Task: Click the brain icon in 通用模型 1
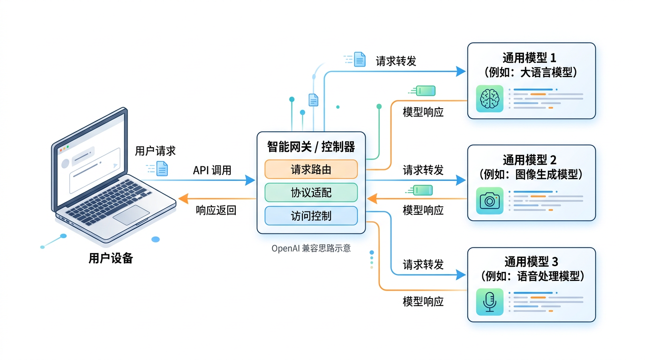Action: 489,98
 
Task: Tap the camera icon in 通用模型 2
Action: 489,201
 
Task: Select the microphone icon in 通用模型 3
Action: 489,301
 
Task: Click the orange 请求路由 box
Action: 311,169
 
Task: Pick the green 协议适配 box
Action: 311,192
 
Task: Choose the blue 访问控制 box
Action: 311,216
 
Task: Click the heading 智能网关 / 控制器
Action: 311,147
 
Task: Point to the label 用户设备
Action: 111,258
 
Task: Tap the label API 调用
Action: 212,170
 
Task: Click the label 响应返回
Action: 216,210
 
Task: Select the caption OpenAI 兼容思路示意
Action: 311,248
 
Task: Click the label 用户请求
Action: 155,151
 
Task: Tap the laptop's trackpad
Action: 131,214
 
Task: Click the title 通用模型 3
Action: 531,262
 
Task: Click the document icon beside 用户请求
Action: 162,169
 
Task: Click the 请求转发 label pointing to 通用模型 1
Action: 396,61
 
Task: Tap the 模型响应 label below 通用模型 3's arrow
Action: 423,301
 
